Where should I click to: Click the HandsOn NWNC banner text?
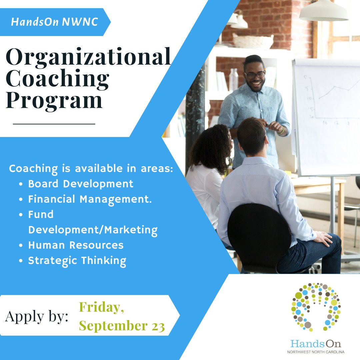click(54, 22)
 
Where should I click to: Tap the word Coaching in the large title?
click(58, 79)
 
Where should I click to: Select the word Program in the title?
click(54, 100)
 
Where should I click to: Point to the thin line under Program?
click(54, 124)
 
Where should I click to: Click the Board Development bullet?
click(81, 184)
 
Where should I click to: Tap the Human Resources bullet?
click(76, 245)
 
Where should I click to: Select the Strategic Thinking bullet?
click(77, 260)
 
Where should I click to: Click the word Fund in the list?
click(41, 214)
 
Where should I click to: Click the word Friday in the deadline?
click(101, 307)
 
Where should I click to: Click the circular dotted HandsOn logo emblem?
click(316, 307)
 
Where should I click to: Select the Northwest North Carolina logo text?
click(316, 352)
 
